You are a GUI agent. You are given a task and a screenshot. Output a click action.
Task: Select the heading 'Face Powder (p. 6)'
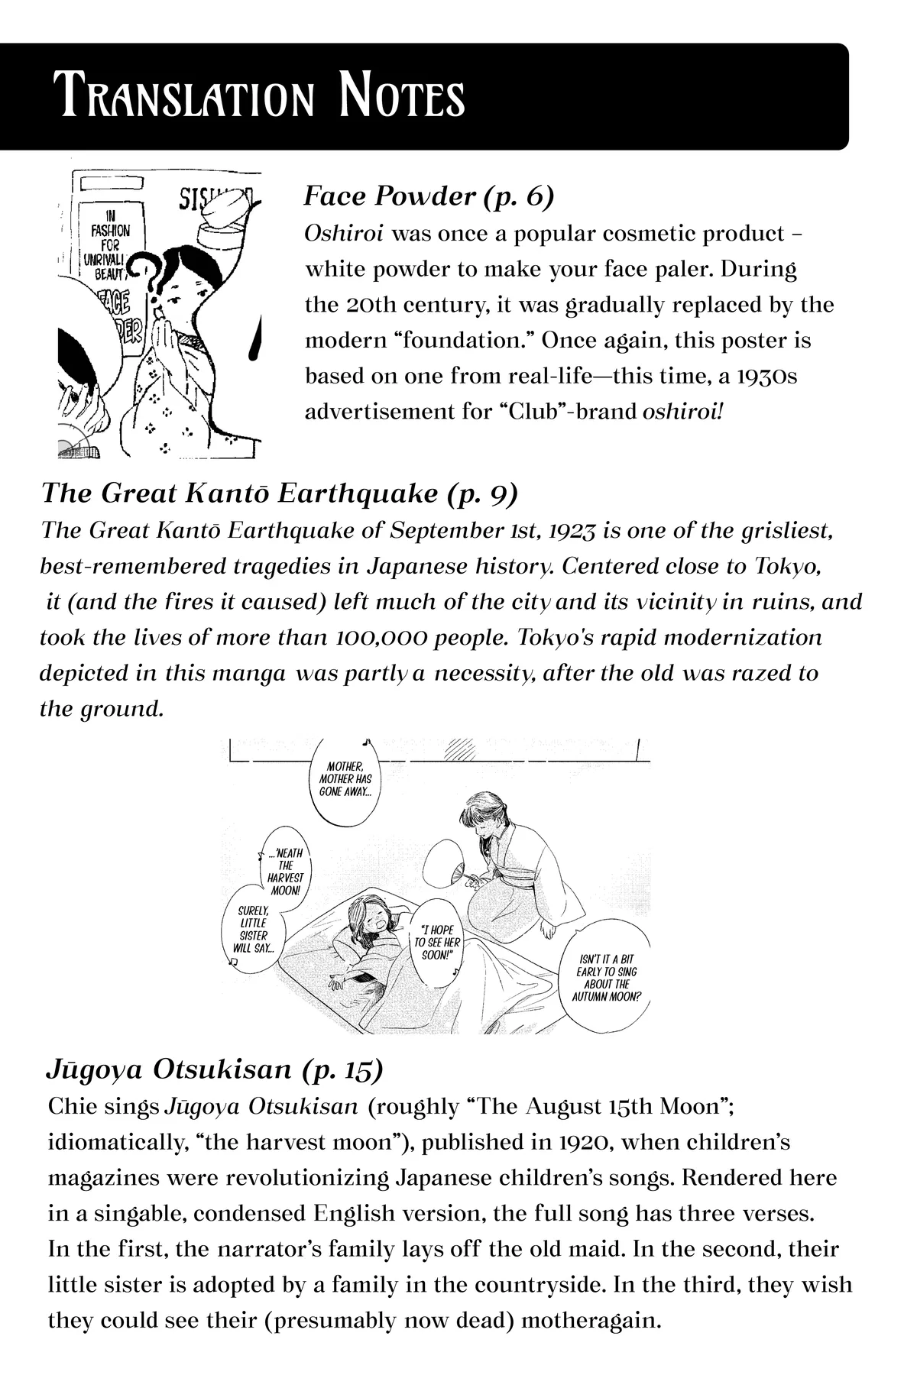[x=428, y=196]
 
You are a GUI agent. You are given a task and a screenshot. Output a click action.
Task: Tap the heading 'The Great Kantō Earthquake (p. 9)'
[x=279, y=493]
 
